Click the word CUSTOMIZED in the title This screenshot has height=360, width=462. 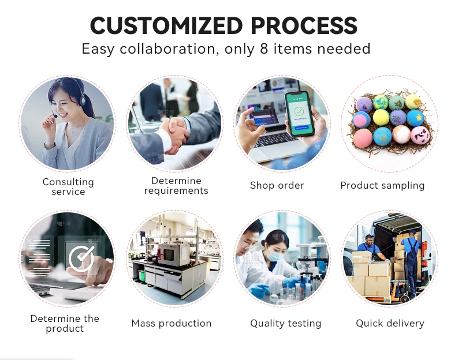coord(166,25)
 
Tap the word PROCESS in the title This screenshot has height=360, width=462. coord(304,25)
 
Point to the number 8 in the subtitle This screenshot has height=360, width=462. coord(264,48)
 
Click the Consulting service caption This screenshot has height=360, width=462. coord(68,186)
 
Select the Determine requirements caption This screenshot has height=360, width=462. coord(176,185)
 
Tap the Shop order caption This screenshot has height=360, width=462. coord(277,185)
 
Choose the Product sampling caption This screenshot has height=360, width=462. coord(382,185)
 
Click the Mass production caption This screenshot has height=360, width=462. coord(172,323)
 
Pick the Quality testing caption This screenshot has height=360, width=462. coord(285,323)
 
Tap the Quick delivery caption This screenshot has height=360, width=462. coord(390,323)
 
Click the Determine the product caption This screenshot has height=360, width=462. coord(65,323)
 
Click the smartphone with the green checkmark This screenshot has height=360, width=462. coord(298,114)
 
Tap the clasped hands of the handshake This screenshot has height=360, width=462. coord(174,134)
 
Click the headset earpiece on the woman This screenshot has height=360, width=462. coord(83,100)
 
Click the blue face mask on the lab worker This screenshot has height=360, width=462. coord(276,255)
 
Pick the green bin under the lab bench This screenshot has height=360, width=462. coord(142,276)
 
